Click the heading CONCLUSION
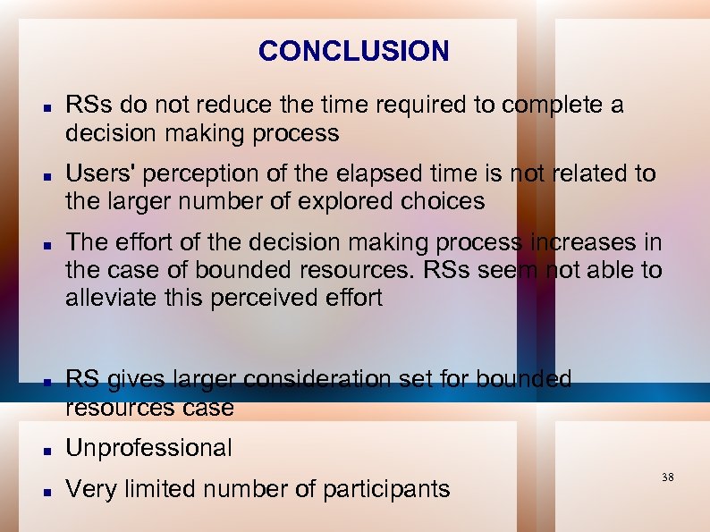[353, 51]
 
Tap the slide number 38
[668, 477]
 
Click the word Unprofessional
[148, 448]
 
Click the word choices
[444, 201]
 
